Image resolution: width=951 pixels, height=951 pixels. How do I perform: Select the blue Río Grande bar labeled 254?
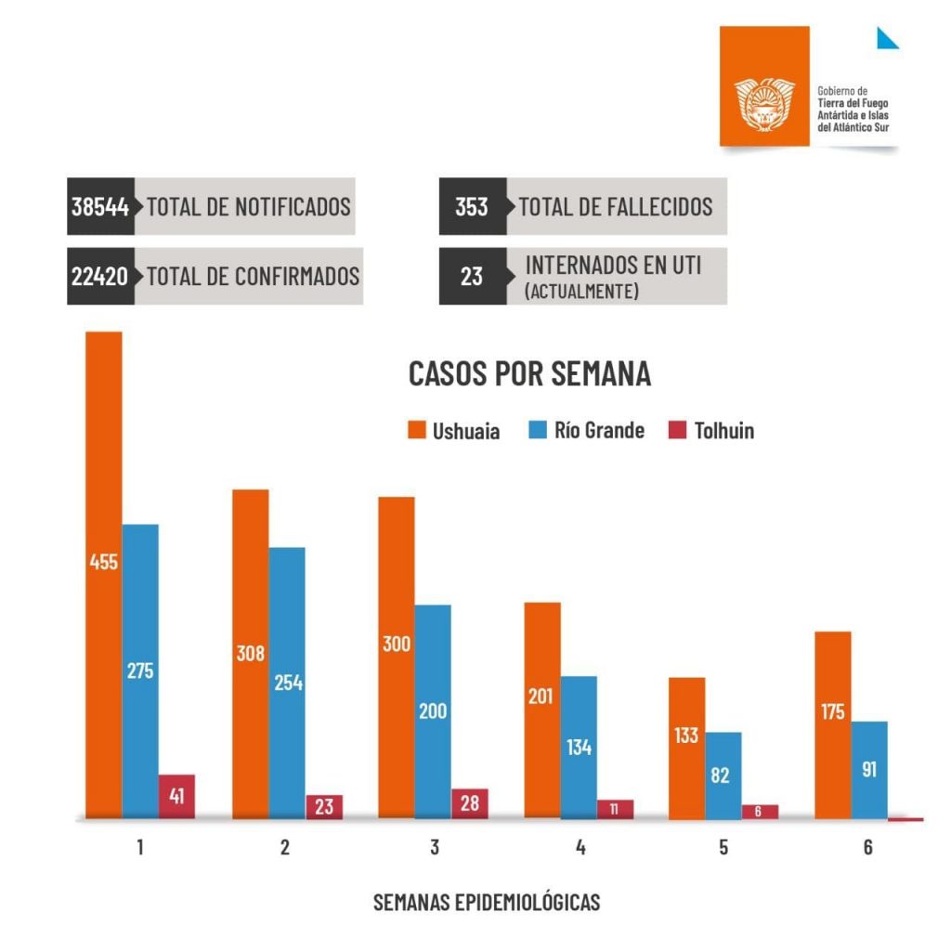click(287, 683)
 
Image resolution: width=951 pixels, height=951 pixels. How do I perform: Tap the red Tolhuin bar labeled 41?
click(176, 796)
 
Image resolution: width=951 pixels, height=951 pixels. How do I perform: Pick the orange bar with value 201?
click(542, 710)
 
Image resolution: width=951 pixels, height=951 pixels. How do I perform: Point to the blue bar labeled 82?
click(723, 775)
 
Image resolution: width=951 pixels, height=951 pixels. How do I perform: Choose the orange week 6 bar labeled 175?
click(832, 724)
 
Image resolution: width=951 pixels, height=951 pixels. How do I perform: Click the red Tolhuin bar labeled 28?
click(470, 803)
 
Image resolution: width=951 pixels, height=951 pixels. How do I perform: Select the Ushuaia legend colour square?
click(416, 431)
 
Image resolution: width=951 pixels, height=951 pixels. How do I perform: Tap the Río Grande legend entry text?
click(599, 431)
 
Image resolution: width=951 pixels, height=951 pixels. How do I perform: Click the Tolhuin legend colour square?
click(677, 431)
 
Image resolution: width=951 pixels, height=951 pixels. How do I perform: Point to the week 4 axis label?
click(580, 847)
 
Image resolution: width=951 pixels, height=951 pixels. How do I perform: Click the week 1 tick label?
click(140, 847)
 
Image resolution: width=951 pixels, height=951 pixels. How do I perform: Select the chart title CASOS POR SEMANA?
click(529, 374)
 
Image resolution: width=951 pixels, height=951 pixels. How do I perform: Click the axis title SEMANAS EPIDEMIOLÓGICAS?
click(487, 902)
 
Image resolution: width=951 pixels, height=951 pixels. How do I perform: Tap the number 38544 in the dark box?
click(100, 206)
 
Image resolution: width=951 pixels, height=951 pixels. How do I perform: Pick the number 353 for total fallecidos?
click(472, 206)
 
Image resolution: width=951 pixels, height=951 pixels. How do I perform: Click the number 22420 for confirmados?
click(100, 276)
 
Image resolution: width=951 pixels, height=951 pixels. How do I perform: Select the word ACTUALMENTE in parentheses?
click(581, 292)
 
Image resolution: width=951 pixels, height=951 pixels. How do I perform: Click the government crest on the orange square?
click(764, 102)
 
